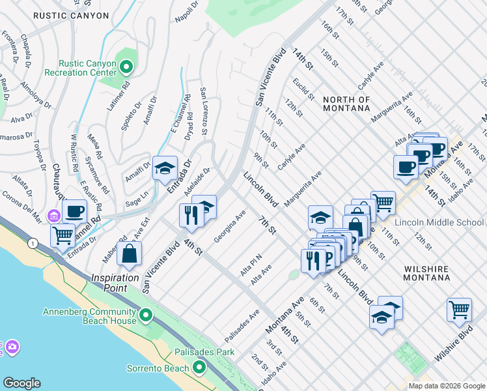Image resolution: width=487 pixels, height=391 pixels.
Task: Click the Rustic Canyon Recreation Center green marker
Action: click(127, 66)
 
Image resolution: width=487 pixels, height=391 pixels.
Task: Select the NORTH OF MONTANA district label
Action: click(346, 104)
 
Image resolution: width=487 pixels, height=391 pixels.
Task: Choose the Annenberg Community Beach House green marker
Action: click(146, 316)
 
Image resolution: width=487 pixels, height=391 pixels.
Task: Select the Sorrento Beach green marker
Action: click(199, 368)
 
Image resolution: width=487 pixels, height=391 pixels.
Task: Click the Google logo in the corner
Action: click(21, 383)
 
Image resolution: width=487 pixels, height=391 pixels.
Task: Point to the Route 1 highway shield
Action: click(32, 242)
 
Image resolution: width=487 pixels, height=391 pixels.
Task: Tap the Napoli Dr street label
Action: click(187, 12)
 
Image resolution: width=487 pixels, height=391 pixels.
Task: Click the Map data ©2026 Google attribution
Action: click(446, 386)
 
